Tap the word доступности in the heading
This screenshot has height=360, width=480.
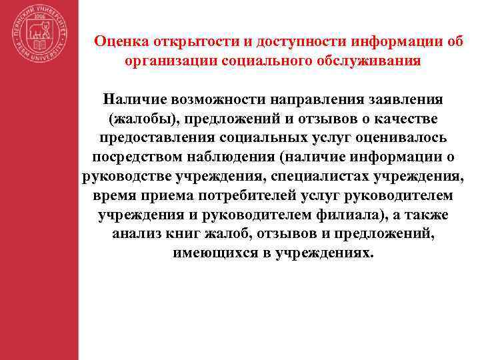pyautogui.click(x=298, y=41)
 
